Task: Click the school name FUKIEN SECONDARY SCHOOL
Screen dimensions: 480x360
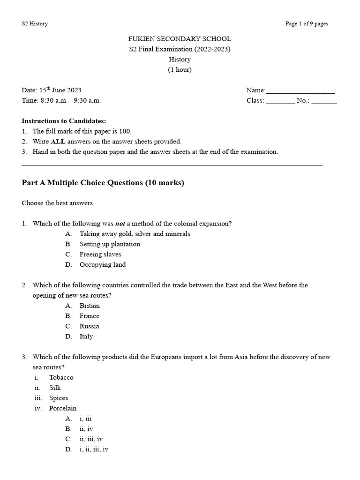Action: click(x=180, y=39)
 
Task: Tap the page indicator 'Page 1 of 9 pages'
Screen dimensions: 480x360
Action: click(x=307, y=24)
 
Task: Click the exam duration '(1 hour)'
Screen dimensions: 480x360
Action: click(x=180, y=70)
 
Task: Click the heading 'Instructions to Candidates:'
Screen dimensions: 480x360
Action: click(x=64, y=121)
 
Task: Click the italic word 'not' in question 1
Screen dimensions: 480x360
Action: click(x=120, y=224)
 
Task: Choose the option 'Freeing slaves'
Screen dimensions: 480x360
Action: click(x=100, y=255)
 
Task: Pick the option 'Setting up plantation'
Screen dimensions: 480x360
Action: click(x=110, y=244)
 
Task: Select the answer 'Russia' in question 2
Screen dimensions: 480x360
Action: click(x=89, y=326)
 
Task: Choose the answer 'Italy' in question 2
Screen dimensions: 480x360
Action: click(x=86, y=337)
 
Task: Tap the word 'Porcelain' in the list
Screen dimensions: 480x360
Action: click(x=63, y=408)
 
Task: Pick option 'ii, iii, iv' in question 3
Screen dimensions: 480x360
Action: click(x=91, y=439)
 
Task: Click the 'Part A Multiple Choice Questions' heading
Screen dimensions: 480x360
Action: click(x=103, y=183)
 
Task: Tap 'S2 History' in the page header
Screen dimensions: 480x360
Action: click(x=35, y=24)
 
